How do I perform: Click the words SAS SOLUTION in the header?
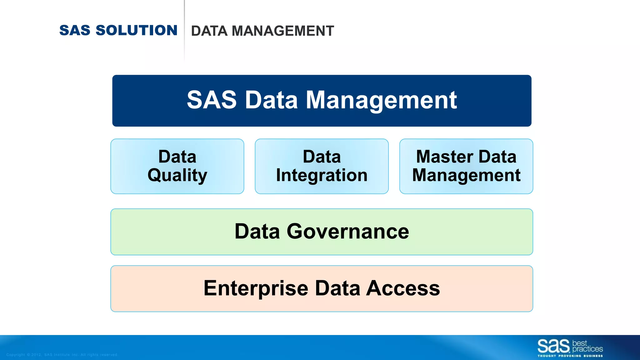[118, 30]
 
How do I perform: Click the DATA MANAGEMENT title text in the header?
[262, 31]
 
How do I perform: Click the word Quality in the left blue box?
[177, 175]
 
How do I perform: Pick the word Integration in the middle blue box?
[322, 175]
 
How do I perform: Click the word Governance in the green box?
[347, 232]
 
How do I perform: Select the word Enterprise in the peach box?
[256, 288]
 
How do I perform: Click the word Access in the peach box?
[403, 288]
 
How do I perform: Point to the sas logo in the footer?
[553, 346]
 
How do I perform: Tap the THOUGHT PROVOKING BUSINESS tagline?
[570, 356]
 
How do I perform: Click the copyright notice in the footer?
[62, 355]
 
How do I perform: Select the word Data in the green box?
[257, 232]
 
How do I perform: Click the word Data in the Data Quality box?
[177, 157]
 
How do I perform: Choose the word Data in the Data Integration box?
[322, 157]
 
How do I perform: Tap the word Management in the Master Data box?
[466, 175]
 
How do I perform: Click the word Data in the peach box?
[337, 288]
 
